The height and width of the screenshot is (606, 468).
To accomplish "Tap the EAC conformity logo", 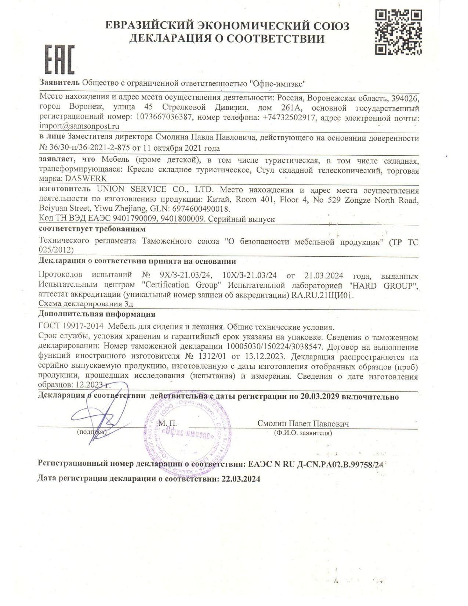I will [x=60, y=59].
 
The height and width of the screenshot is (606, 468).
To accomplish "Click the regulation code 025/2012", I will [x=56, y=250].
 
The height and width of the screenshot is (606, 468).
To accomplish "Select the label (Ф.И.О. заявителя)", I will [x=303, y=433].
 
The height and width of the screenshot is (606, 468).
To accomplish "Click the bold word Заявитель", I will [x=59, y=83].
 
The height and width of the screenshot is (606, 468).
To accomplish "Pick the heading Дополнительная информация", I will [x=97, y=314].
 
